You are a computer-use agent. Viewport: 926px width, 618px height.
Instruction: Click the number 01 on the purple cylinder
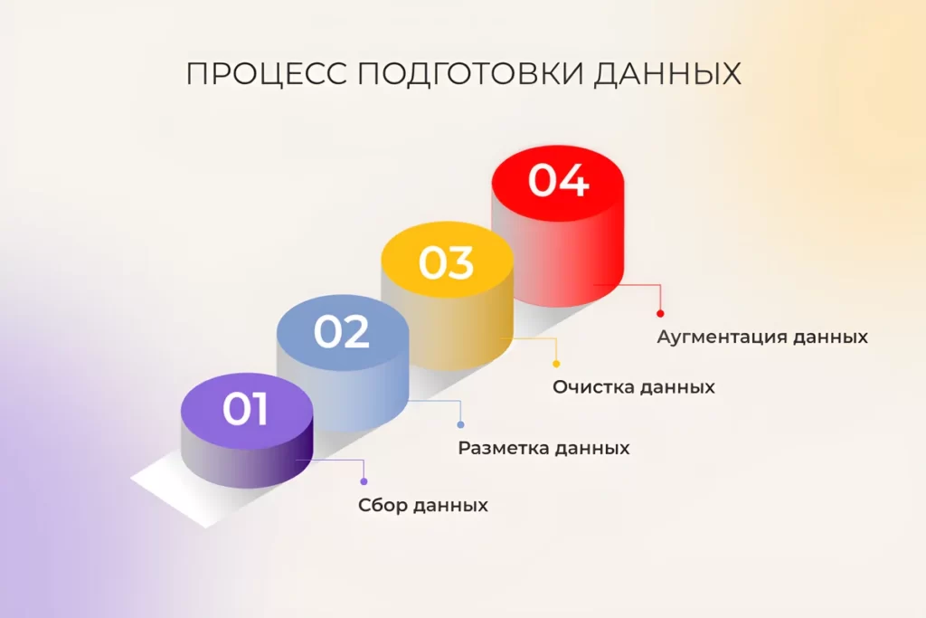(x=246, y=410)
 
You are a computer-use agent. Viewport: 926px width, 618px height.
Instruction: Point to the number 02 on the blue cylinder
(x=341, y=332)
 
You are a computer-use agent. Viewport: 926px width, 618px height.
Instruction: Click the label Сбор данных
(x=422, y=506)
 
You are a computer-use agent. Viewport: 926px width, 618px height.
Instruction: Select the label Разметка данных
(x=543, y=448)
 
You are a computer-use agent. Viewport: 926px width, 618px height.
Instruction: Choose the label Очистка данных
(x=634, y=387)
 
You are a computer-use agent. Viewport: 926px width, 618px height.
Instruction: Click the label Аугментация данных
(x=762, y=337)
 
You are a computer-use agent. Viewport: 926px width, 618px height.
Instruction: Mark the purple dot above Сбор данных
(x=364, y=481)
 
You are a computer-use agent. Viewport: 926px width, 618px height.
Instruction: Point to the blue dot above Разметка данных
(x=460, y=424)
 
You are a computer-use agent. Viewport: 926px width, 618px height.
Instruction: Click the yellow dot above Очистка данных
(x=555, y=364)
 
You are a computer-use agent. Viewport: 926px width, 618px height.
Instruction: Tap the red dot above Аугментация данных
(x=660, y=313)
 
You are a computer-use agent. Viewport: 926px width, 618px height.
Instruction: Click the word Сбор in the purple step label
(x=381, y=506)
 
